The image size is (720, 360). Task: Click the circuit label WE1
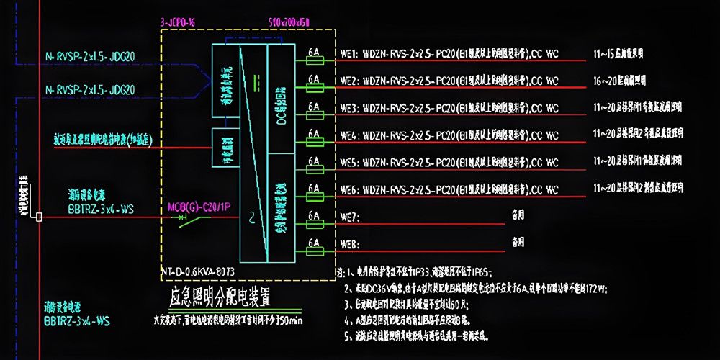[x=349, y=54]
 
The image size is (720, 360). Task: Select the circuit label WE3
[x=349, y=109]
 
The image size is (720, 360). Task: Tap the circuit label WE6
[x=349, y=190]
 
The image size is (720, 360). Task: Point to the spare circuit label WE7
[x=349, y=217]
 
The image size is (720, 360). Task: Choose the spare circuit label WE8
[x=349, y=243]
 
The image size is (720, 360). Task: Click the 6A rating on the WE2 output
[x=313, y=78]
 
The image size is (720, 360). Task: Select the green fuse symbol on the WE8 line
[x=314, y=251]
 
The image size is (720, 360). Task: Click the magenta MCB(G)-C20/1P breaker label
[x=199, y=209]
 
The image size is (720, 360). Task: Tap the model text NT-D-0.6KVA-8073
[x=199, y=272]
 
